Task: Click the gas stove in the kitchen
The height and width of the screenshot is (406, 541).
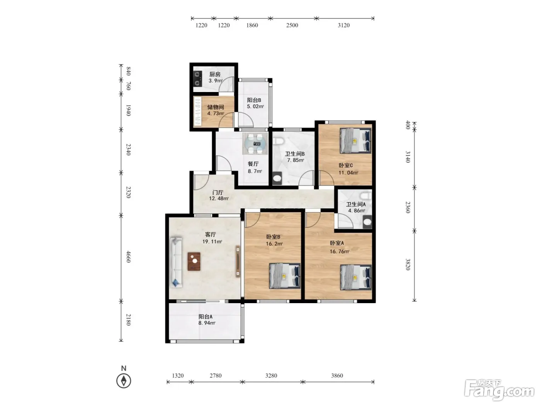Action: (x=197, y=78)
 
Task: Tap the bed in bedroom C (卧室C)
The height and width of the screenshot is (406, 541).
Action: (x=356, y=140)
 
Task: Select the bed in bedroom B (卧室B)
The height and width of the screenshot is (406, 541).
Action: (x=285, y=276)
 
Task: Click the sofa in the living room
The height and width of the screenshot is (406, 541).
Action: (x=176, y=262)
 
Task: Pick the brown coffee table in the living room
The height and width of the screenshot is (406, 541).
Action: (x=194, y=261)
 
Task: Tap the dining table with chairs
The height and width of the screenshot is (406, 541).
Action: (x=255, y=144)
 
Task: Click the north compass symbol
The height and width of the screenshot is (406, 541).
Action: (x=124, y=380)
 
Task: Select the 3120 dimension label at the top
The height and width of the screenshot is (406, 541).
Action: (x=344, y=25)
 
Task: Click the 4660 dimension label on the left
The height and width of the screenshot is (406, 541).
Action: (x=128, y=257)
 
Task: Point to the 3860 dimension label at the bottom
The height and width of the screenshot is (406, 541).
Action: (x=337, y=376)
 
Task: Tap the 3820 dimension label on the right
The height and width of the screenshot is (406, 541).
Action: (x=408, y=264)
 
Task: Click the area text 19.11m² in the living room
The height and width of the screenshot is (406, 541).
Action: (x=212, y=242)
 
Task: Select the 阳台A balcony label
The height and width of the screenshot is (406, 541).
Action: (x=205, y=317)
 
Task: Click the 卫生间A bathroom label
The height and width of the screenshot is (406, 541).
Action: (x=356, y=205)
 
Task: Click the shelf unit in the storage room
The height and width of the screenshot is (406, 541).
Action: (x=197, y=111)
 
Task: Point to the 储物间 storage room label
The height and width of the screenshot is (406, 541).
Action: (x=215, y=107)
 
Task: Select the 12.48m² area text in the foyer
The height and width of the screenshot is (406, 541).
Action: (x=219, y=198)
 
